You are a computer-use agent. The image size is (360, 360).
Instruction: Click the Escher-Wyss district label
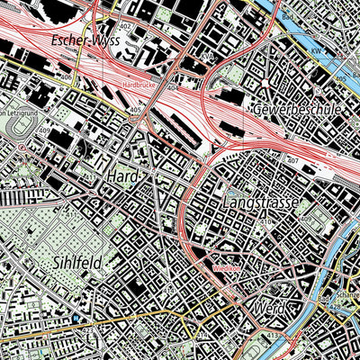[50, 40]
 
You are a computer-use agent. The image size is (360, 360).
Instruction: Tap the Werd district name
[269, 309]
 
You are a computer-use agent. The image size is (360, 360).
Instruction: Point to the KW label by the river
[317, 53]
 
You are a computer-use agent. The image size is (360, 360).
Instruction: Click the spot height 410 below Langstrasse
[265, 221]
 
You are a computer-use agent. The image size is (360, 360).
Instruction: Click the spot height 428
[336, 307]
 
